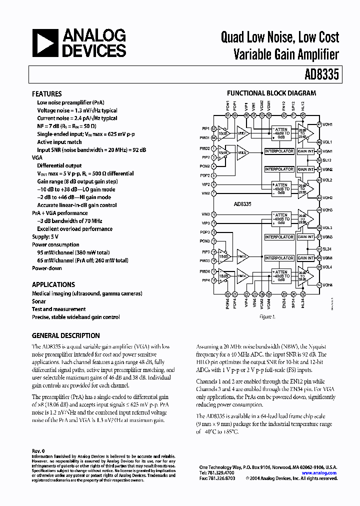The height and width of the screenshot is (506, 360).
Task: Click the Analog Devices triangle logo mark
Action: tap(44, 42)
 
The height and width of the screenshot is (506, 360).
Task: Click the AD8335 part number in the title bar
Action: tap(321, 75)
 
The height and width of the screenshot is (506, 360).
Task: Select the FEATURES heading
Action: tap(47, 94)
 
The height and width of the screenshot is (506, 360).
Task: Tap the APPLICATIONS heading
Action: tap(53, 284)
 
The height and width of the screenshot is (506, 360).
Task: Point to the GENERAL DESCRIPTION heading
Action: tap(66, 335)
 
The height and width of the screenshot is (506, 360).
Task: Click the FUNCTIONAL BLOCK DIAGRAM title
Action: tap(271, 93)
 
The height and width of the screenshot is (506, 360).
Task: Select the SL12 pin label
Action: tap(327, 160)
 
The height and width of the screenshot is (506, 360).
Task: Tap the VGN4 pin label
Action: tap(327, 258)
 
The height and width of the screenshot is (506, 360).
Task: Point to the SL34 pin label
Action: tap(327, 249)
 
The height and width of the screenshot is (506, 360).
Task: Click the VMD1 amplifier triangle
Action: tap(242, 133)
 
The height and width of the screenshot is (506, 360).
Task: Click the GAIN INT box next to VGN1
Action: tap(305, 151)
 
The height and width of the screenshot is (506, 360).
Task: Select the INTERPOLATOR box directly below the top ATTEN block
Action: tap(279, 151)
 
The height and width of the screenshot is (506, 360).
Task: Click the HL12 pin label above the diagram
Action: tap(302, 106)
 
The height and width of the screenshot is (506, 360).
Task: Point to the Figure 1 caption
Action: tap(266, 317)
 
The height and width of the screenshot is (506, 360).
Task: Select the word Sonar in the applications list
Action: tap(39, 301)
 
